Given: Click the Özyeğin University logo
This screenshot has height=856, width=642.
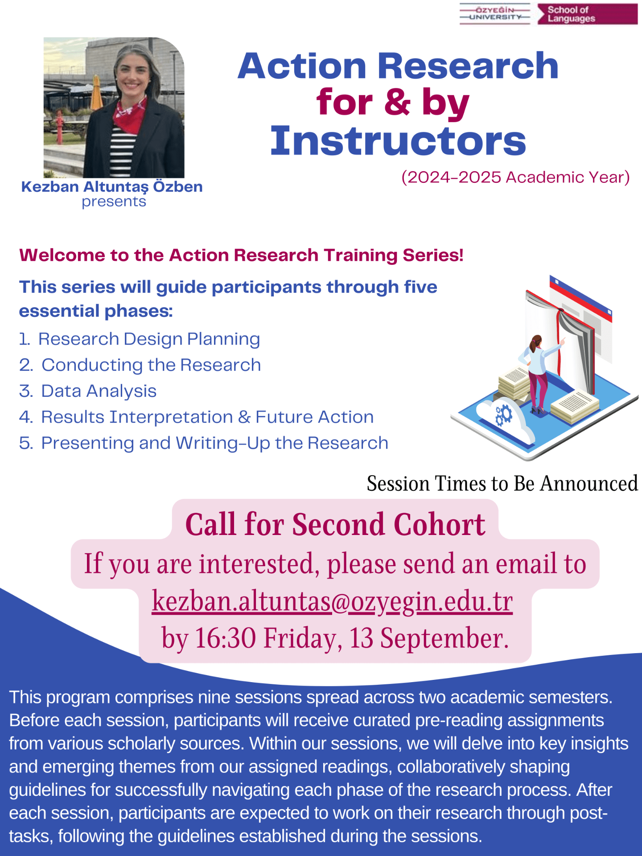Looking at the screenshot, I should click(x=495, y=14).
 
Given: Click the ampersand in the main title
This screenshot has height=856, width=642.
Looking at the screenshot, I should click(x=396, y=103).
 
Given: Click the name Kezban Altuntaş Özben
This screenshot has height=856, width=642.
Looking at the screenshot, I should click(x=112, y=186).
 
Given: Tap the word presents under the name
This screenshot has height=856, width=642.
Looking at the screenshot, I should click(x=114, y=202).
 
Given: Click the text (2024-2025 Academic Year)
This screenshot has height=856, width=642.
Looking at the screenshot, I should click(x=515, y=177).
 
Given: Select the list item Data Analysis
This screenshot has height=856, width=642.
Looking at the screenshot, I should click(x=99, y=391).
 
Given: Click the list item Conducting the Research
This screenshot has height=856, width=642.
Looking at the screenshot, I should click(x=151, y=365).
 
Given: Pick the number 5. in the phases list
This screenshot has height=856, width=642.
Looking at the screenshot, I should click(x=26, y=443).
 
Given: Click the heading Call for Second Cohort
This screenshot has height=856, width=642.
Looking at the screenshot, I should click(x=335, y=524).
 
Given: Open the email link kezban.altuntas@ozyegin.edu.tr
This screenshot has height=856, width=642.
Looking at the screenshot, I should click(x=332, y=601).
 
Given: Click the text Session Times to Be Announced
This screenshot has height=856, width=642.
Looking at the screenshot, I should click(x=502, y=484).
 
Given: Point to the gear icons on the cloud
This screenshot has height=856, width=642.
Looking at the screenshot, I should click(x=504, y=415).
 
